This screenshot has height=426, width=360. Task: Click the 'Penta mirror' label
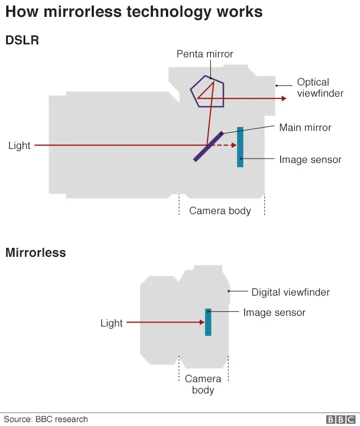point(205,54)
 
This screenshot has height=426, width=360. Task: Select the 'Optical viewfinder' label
point(320,88)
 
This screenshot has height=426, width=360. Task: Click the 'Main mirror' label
point(305,128)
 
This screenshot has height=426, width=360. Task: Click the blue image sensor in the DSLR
point(240,147)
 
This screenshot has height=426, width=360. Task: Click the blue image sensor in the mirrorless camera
point(208,322)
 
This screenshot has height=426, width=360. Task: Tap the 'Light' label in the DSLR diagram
point(19,146)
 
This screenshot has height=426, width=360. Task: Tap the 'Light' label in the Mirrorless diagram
point(111,323)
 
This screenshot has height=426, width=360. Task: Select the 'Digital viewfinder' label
point(290,292)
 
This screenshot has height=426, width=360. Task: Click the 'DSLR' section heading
point(22,40)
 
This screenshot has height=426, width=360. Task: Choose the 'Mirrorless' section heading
point(35,252)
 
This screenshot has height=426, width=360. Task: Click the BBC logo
point(341,419)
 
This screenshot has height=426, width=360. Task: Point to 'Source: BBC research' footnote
point(46,419)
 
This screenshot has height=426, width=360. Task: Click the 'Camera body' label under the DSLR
point(220,211)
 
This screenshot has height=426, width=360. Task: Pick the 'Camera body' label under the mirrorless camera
point(203,384)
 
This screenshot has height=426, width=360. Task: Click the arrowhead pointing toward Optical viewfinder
point(283,98)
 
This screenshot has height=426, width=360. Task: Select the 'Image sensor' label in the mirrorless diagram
point(274,312)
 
